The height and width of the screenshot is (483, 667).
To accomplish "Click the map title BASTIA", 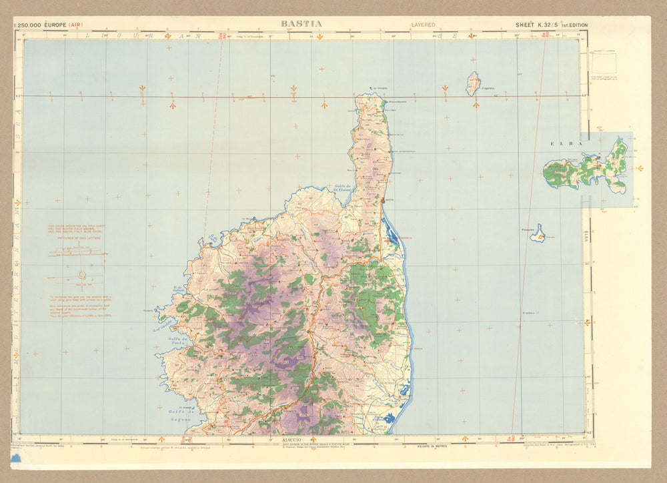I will click(301, 24).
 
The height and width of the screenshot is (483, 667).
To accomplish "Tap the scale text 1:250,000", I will click(27, 25).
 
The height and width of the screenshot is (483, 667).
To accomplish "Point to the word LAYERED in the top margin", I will click(422, 25).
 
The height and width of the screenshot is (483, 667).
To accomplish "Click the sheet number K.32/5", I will click(546, 25).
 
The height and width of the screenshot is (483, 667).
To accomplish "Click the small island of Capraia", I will click(473, 84).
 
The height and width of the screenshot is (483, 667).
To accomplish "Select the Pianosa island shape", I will click(538, 234).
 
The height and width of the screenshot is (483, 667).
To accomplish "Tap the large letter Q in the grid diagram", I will click(82, 274).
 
